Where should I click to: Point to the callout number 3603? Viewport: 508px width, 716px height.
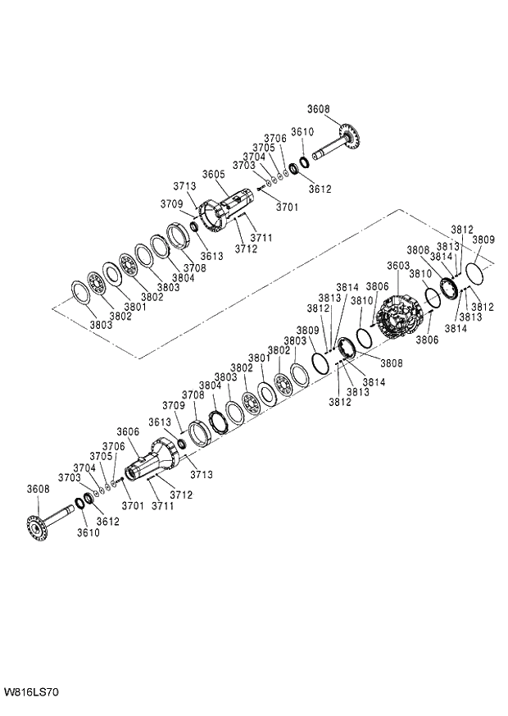click(398, 267)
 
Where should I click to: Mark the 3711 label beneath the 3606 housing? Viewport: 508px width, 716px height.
click(161, 507)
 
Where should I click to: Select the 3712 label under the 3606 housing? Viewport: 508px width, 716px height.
click(181, 495)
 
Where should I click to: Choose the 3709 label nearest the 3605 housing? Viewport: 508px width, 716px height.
click(171, 204)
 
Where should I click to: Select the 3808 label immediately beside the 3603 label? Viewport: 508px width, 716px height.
click(417, 249)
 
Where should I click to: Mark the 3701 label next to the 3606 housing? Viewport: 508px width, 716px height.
click(133, 506)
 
